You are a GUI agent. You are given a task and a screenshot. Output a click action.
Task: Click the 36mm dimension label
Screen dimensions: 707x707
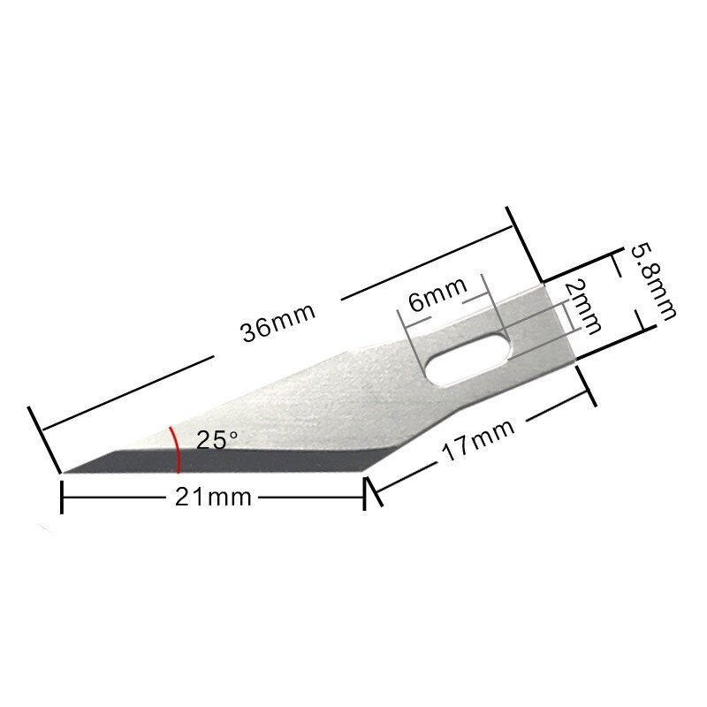point(277,328)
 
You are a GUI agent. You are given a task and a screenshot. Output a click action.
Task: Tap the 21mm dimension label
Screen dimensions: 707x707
point(213,498)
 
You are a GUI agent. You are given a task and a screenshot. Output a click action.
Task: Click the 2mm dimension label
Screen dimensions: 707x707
point(582,307)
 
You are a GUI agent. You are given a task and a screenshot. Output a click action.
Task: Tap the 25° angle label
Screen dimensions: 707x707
point(217,439)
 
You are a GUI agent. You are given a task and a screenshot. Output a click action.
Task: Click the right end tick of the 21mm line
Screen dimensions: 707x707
point(365,498)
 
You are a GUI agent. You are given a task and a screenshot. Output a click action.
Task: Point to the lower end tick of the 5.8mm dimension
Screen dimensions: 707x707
point(636,333)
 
